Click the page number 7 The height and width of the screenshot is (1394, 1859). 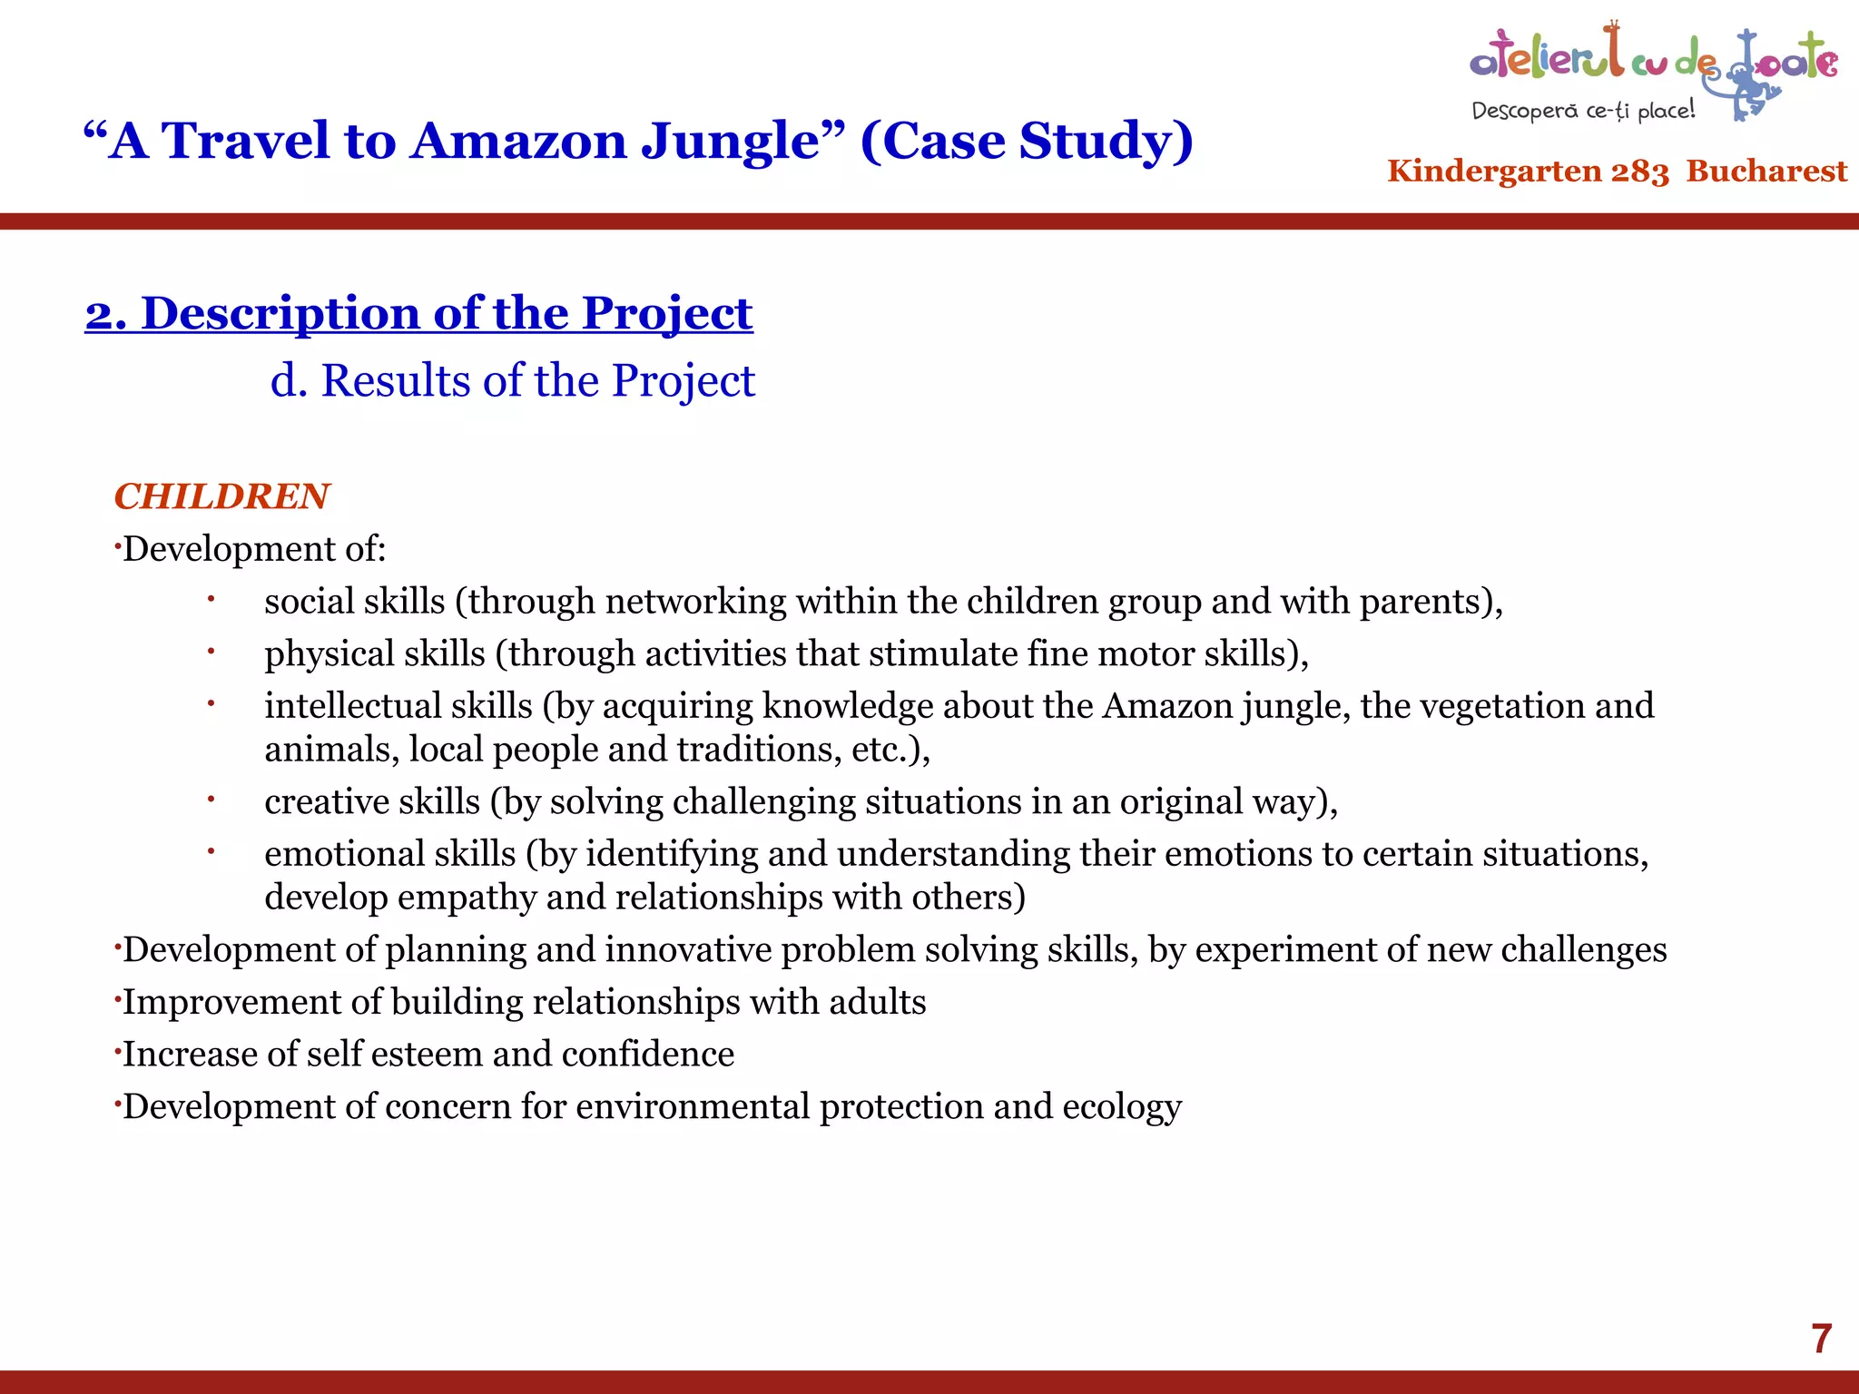[1821, 1339]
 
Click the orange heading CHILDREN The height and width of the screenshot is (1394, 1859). [221, 496]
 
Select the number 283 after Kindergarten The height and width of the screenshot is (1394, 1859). [1639, 171]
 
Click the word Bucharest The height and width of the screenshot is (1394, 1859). [1766, 171]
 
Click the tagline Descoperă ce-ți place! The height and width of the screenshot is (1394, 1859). [1583, 111]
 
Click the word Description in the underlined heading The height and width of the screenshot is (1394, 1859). [281, 313]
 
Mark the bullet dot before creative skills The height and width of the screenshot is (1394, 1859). [210, 800]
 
